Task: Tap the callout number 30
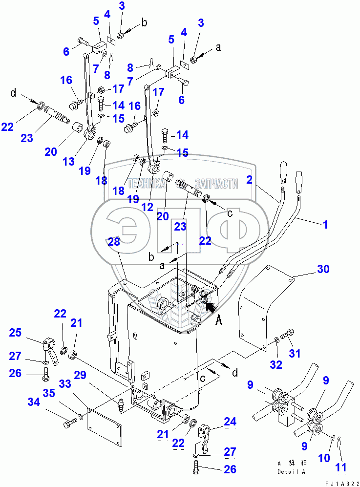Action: point(323,269)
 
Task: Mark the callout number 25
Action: point(16,333)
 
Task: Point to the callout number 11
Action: point(341,468)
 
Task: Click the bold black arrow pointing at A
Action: point(211,306)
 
